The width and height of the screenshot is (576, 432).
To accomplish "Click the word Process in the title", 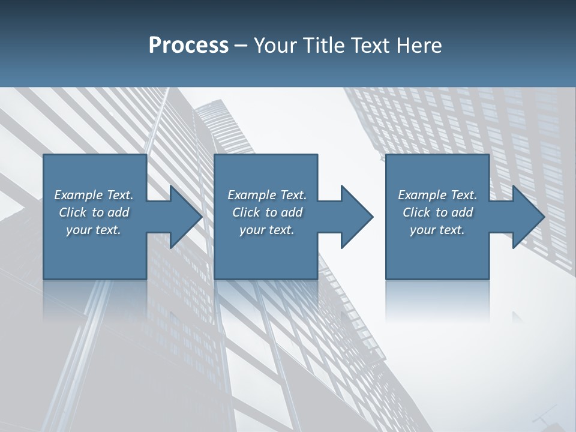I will click(188, 46).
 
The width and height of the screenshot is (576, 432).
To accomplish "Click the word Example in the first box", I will click(79, 195).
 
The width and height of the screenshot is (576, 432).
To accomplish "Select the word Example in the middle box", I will click(252, 195).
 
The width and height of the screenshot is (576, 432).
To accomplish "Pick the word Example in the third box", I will click(422, 195).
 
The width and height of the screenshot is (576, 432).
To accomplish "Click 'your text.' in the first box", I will click(94, 230).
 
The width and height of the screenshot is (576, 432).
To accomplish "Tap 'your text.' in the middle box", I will click(266, 230).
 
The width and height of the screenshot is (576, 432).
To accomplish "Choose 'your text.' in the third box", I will click(437, 230).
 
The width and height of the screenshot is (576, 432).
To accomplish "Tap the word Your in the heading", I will click(275, 46).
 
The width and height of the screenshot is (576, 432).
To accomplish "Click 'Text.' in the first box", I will click(119, 195).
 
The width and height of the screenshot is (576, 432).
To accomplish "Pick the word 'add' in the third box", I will click(462, 212).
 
